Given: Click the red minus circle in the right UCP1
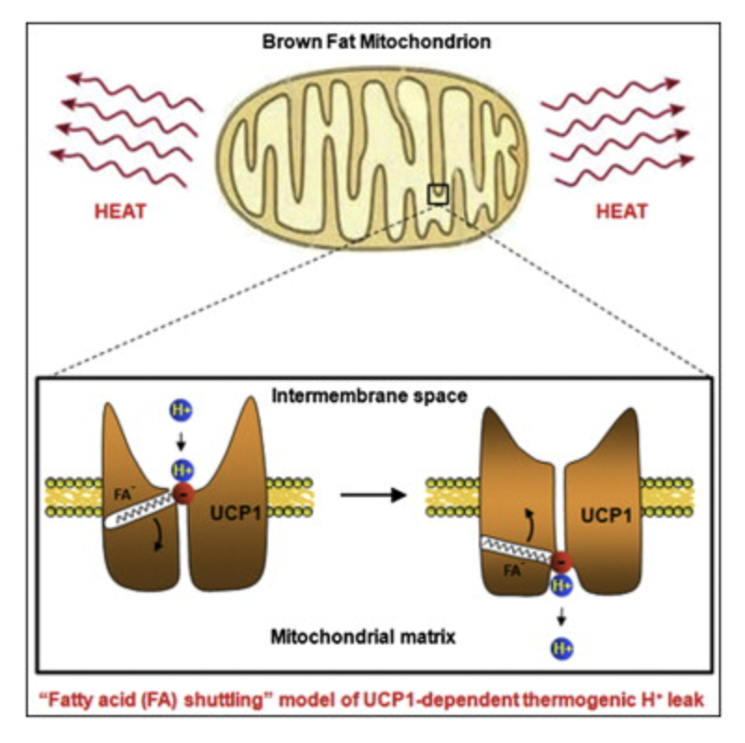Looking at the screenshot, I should pyautogui.click(x=561, y=561).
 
